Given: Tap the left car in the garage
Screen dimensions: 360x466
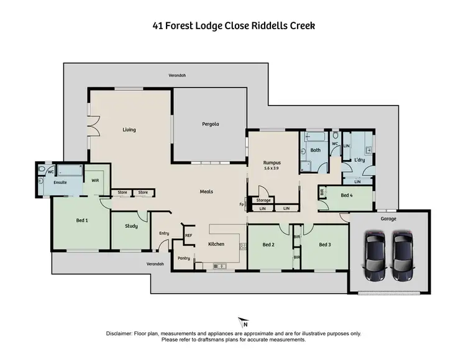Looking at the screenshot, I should (x=375, y=256).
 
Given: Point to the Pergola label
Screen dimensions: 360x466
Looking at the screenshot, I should (x=210, y=124).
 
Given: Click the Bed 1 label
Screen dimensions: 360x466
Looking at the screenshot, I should (x=82, y=220).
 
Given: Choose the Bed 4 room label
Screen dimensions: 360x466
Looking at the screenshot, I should (x=349, y=195).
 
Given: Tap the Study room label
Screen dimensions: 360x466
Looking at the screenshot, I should (x=130, y=226).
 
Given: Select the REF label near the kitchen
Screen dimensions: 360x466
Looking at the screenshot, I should (x=189, y=236).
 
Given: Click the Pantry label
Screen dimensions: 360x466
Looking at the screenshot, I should (x=183, y=258).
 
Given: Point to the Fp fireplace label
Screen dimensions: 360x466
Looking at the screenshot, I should (x=241, y=204).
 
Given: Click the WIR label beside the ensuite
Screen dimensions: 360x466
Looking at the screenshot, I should (x=95, y=179).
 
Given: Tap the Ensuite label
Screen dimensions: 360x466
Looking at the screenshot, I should (x=60, y=183).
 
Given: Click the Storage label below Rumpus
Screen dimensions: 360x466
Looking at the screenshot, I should (x=263, y=200).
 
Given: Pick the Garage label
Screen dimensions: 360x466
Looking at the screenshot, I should (x=388, y=218).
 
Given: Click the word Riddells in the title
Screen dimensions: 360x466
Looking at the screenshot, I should (x=265, y=26).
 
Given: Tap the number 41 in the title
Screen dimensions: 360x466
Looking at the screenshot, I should (x=158, y=26).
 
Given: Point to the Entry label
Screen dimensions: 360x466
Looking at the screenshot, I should (x=164, y=233).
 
